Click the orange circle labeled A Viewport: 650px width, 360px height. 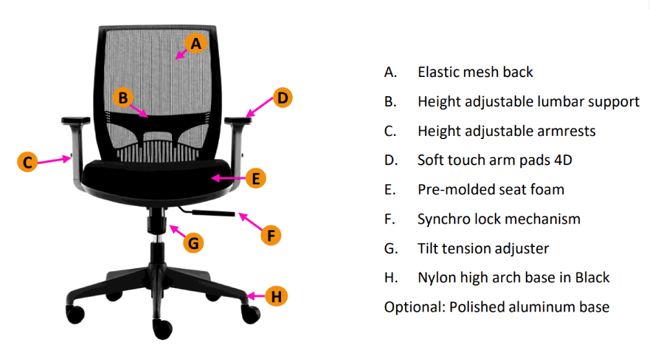(196, 43)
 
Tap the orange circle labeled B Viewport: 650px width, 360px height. (123, 97)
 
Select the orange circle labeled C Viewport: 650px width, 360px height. (27, 163)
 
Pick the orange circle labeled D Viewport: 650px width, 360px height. (282, 97)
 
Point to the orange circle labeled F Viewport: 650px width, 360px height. (270, 235)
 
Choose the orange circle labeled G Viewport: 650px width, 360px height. (194, 243)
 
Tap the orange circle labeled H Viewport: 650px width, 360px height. (277, 297)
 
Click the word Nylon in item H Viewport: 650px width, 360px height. (437, 277)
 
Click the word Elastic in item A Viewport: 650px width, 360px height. (439, 72)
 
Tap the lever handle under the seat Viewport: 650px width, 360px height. (214, 214)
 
